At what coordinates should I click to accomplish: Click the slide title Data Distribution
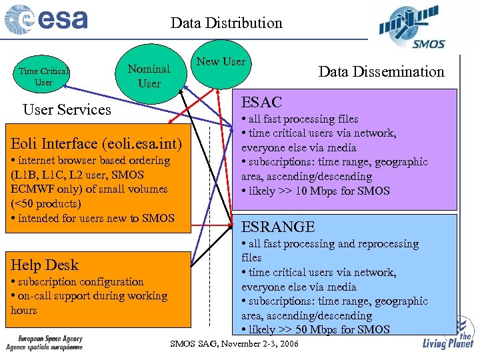[x=226, y=23]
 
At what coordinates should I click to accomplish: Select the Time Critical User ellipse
[x=44, y=77]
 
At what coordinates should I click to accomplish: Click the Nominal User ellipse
[x=149, y=75]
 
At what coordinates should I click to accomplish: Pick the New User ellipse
[x=221, y=62]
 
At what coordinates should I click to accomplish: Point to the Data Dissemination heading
[x=381, y=72]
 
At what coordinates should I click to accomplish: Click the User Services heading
[x=67, y=109]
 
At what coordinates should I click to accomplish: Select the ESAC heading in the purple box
[x=261, y=102]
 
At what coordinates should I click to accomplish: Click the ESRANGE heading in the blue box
[x=277, y=227]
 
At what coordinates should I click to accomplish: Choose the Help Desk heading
[x=44, y=265]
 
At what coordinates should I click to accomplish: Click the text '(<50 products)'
[x=45, y=203]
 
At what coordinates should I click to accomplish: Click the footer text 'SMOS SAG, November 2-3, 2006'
[x=235, y=344]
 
